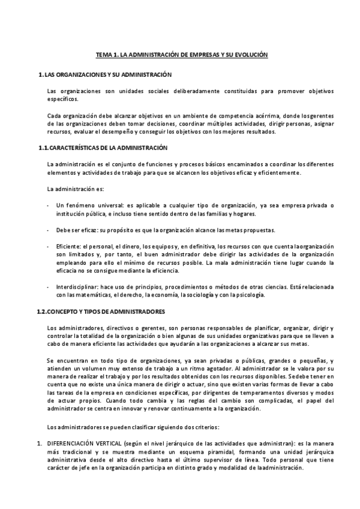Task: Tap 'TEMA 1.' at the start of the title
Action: tap(107, 55)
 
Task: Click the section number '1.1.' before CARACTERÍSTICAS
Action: tap(43, 148)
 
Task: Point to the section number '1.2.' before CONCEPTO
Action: tap(43, 312)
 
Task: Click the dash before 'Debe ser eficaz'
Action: tap(48, 230)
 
